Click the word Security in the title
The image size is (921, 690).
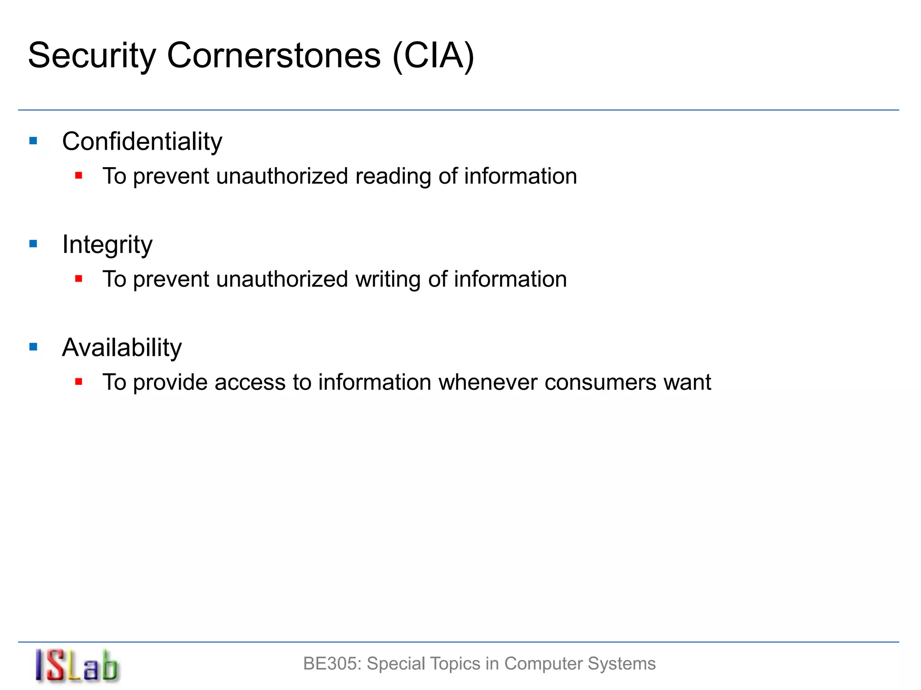(x=92, y=56)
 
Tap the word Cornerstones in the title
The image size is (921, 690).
(x=274, y=56)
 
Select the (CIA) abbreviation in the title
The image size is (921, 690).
(x=433, y=56)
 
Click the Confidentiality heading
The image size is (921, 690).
(x=142, y=142)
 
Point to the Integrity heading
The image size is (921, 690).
(x=107, y=245)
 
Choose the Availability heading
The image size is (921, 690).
(x=122, y=348)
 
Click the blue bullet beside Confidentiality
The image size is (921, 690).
(x=33, y=141)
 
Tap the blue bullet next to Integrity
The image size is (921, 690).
(x=33, y=244)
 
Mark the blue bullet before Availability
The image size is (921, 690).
(x=33, y=347)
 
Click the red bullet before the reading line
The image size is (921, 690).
(x=79, y=176)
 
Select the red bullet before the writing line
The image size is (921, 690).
(x=79, y=279)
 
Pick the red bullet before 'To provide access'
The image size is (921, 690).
(x=79, y=382)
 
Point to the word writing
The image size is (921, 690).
(x=388, y=279)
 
